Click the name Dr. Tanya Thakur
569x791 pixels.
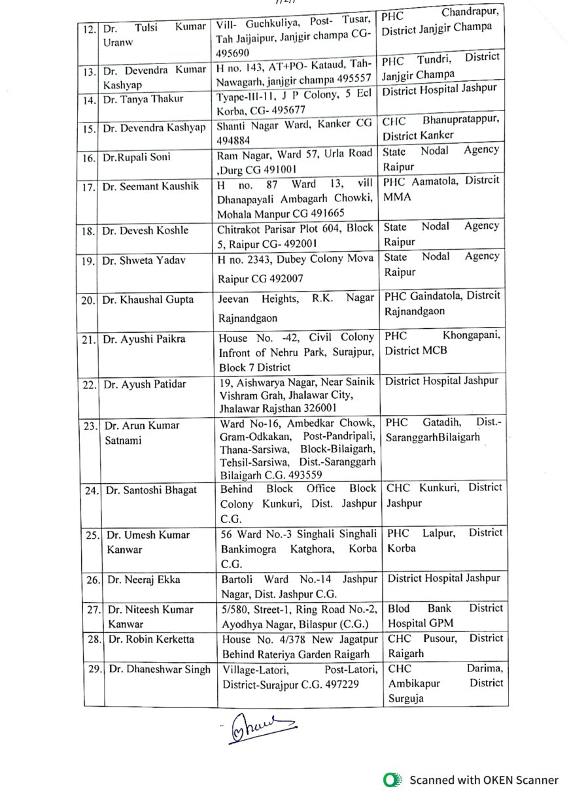[x=143, y=99]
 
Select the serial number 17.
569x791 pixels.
[x=90, y=188]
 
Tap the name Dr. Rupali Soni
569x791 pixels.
[x=135, y=158]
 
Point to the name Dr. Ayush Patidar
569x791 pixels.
[x=145, y=384]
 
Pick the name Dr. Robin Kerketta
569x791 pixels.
[x=152, y=639]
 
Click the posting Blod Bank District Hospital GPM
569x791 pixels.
[x=445, y=616]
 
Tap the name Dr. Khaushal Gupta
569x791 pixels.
[x=148, y=300]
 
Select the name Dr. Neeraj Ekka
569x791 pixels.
[x=144, y=579]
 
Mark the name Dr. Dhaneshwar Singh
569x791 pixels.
[x=160, y=669]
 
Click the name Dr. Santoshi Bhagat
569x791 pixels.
[x=150, y=490]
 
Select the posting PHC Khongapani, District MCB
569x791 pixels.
[x=443, y=344]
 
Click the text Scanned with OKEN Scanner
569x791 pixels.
[x=484, y=780]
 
